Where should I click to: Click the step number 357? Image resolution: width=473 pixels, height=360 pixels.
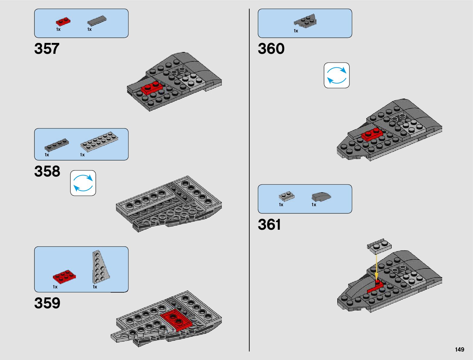pos(47,49)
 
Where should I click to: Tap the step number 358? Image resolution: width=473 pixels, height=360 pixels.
pos(47,171)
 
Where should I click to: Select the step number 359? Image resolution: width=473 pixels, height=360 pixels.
pos(47,303)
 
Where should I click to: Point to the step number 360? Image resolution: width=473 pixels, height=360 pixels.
pos(271,49)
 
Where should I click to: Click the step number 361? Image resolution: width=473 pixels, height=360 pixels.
pos(269,225)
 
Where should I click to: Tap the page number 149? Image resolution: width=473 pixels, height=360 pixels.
pos(459,349)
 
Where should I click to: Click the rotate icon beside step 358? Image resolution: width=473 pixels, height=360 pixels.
pos(83,183)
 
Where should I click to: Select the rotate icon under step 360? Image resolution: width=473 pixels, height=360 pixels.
pos(337,76)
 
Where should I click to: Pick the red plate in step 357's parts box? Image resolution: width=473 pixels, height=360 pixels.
pos(63,21)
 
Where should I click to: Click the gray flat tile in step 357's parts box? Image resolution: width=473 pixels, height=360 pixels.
pos(97,21)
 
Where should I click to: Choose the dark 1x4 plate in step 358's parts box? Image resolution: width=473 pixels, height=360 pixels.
pos(57,145)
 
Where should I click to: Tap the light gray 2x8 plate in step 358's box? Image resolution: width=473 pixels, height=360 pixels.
pos(99,141)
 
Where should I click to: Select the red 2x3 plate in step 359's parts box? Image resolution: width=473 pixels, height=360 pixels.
pos(64,276)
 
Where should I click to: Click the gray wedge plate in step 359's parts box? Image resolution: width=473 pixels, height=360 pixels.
pos(100,268)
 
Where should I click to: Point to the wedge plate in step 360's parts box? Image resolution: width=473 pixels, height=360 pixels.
pos(305,21)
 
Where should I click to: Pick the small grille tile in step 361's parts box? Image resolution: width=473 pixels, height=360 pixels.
pos(287,196)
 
